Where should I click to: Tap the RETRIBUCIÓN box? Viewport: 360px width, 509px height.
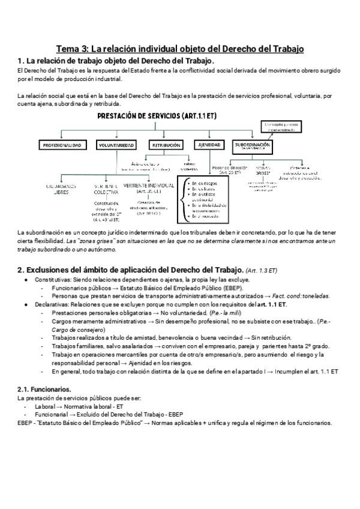166,145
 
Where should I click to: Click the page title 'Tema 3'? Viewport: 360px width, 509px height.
180,47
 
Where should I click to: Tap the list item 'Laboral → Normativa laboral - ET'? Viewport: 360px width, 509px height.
79,406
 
